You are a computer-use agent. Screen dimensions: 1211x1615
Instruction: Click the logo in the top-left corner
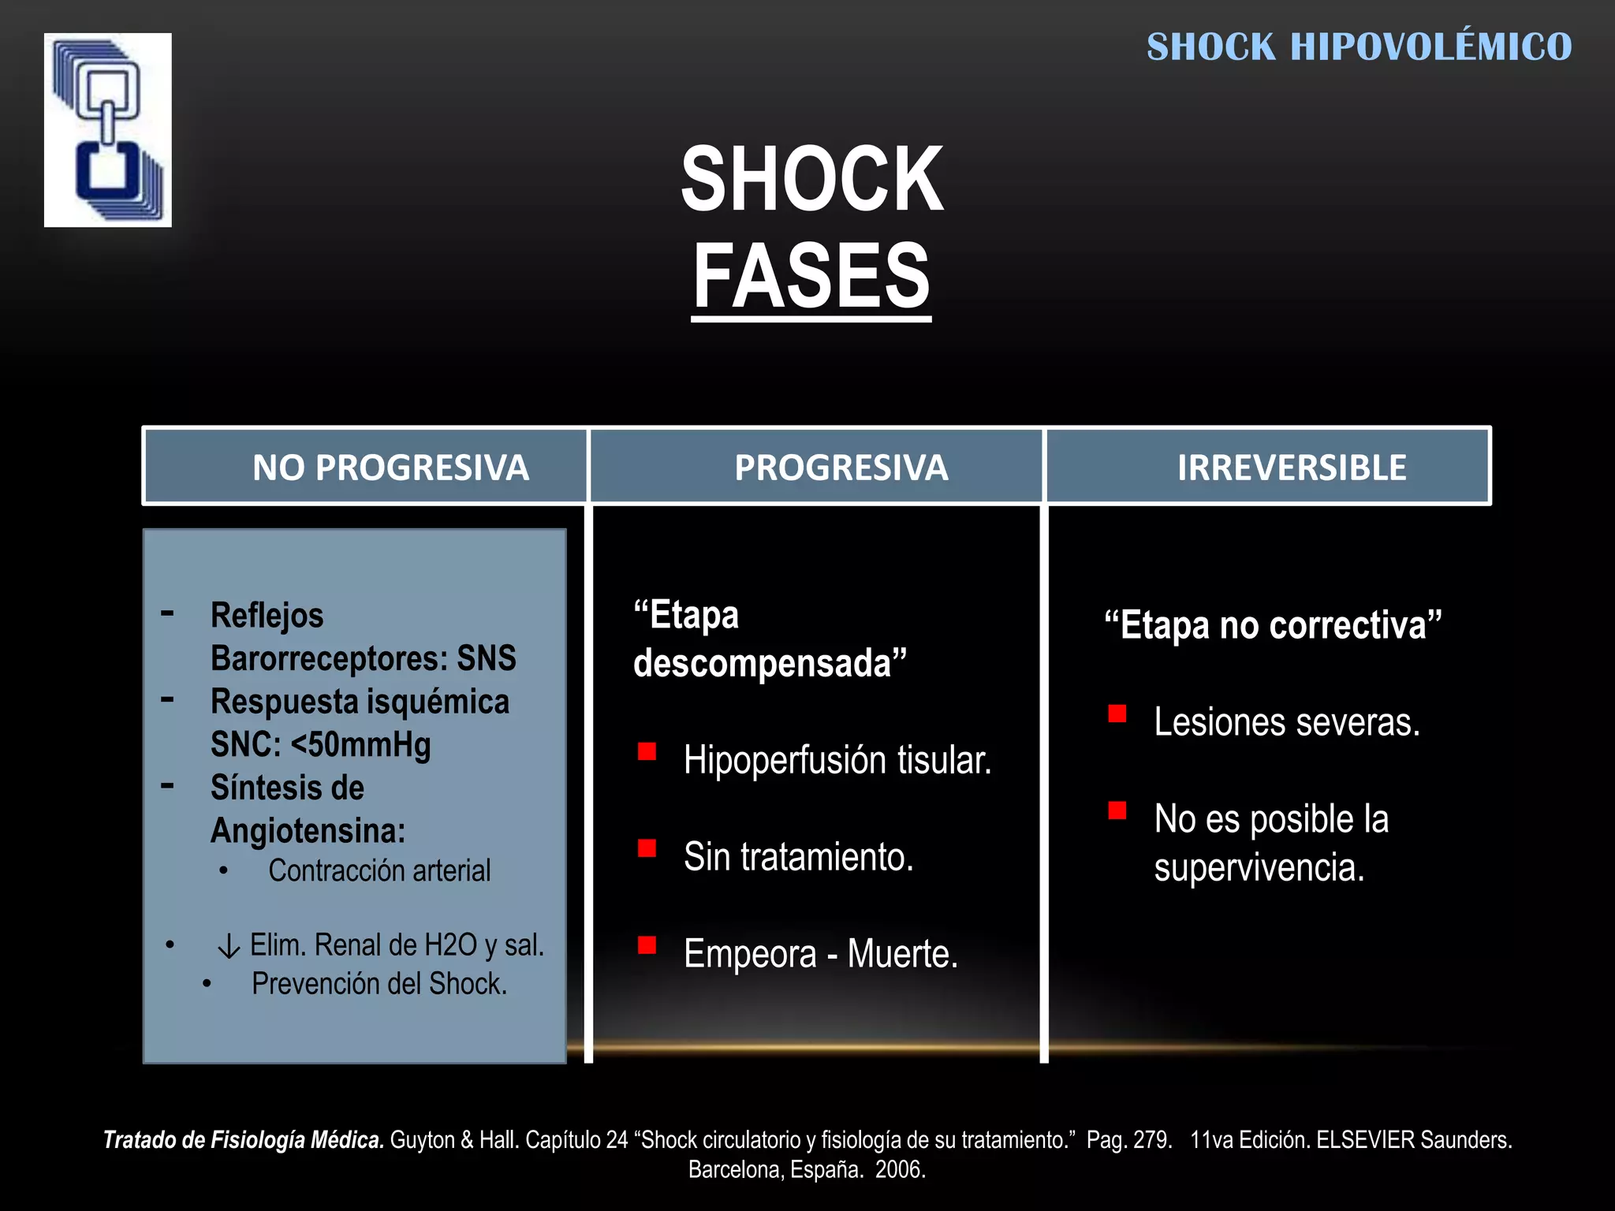pos(108,130)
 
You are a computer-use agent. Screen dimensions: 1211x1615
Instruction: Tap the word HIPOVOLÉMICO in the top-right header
pos(1430,47)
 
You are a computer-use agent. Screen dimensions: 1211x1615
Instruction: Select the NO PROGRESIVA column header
pos(390,468)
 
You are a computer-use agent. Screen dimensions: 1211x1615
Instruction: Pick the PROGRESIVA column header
pos(841,468)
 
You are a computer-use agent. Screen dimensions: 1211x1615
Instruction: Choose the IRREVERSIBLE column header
pos(1291,468)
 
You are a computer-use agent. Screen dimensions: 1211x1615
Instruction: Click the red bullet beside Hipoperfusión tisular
pos(647,751)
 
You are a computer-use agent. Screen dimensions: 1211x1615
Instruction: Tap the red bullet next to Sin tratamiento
pos(647,848)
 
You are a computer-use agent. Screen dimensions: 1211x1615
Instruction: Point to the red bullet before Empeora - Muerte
pos(647,945)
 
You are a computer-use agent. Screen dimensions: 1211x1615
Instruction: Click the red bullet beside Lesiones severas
pos(1117,714)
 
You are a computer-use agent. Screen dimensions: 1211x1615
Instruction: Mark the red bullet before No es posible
pos(1117,810)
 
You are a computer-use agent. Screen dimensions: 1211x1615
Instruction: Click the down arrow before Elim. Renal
pos(229,946)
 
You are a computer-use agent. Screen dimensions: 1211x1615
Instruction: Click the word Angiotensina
pos(308,831)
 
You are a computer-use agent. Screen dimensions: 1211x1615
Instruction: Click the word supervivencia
pos(1259,867)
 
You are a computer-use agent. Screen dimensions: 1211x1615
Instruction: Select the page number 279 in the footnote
pos(1153,1140)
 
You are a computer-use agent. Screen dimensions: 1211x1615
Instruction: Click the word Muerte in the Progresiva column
pos(902,954)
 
